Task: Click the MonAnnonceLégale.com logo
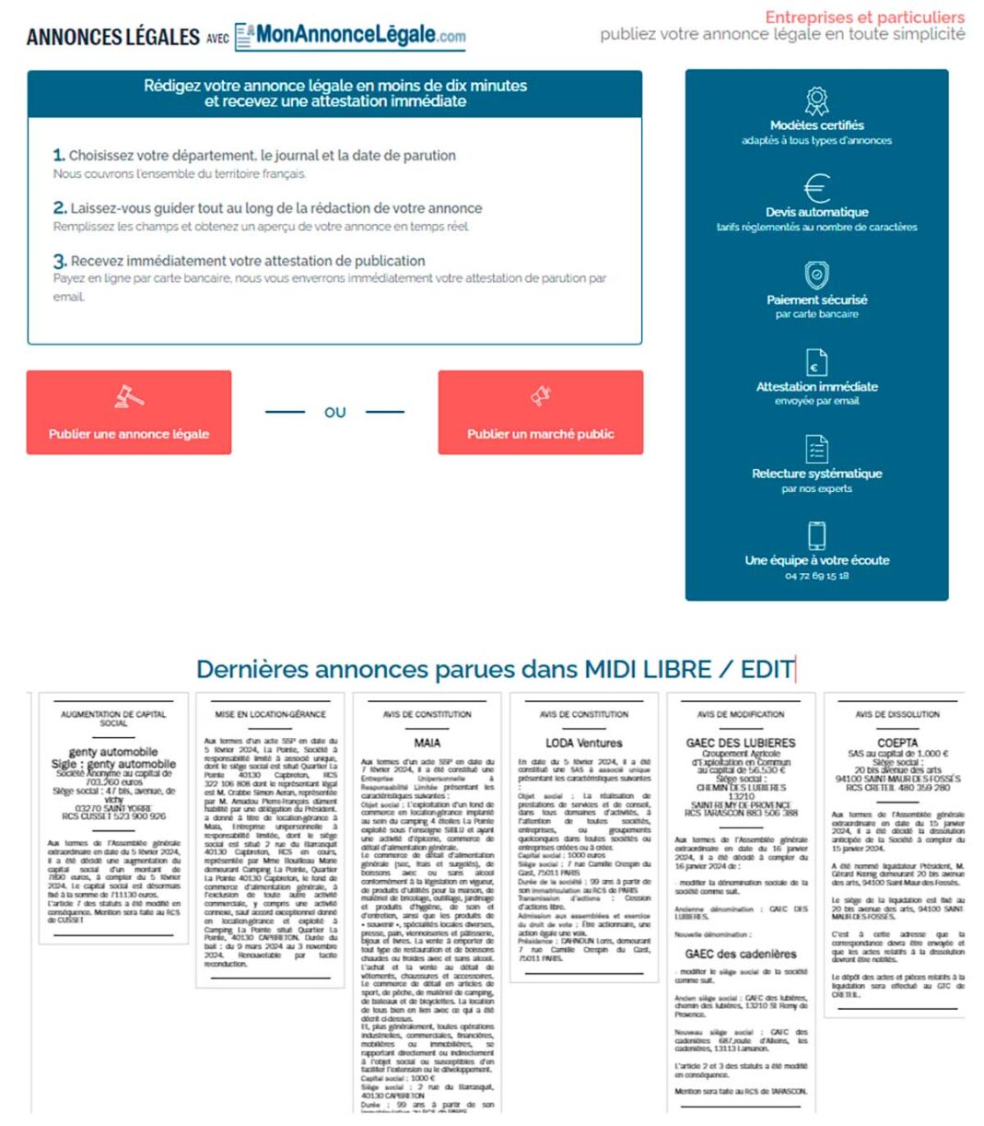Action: tap(350, 36)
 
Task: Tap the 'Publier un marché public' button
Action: tap(540, 433)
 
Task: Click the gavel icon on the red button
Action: tap(128, 396)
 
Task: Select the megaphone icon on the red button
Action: tap(540, 396)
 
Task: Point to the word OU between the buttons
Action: tap(334, 412)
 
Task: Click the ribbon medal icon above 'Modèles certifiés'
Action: tap(816, 100)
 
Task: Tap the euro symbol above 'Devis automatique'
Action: tap(816, 188)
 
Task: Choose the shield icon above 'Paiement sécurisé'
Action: tap(816, 275)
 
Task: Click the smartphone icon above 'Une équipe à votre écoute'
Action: tap(816, 535)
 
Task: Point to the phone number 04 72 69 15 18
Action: tap(816, 576)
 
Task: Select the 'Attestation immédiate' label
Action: tap(816, 386)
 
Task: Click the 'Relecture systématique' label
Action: tap(816, 473)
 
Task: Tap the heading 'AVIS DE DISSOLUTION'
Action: tap(896, 714)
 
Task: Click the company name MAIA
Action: tap(427, 742)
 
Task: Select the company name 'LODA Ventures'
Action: tap(583, 742)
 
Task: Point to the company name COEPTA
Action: tap(896, 742)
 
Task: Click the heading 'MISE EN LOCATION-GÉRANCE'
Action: tap(270, 714)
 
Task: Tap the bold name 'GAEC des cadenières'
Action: tap(740, 954)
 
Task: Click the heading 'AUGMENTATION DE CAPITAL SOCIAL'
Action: tap(113, 719)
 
